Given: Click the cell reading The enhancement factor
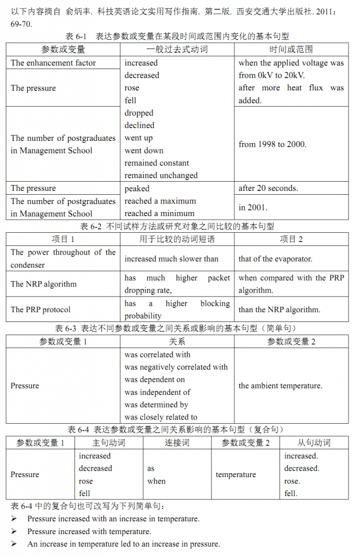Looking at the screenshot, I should tap(53, 63).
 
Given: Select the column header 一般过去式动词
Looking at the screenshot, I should tap(177, 49).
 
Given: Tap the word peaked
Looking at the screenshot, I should tap(137, 189).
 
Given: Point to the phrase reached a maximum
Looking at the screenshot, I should tap(160, 201).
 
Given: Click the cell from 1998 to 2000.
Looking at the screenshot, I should tap(272, 145).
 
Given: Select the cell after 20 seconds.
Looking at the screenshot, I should tap(268, 189).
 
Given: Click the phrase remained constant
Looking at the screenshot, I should tap(157, 163).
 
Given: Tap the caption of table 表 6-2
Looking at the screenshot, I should tap(177, 226).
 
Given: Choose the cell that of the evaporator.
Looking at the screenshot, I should tap(275, 259).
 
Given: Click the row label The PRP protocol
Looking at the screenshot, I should tap(41, 310).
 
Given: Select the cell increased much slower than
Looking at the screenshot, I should tap(171, 259).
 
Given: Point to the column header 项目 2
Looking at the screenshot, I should tap(291, 239).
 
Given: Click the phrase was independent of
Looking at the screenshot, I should tap(158, 392).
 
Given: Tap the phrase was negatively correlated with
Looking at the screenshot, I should tap(176, 367).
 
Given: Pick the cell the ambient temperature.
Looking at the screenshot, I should tap(281, 386).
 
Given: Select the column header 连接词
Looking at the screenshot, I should tap(177, 443).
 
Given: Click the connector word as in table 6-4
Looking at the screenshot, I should tap(151, 468).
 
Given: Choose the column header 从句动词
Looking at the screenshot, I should tap(314, 443).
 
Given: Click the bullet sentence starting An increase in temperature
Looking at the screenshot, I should tap(124, 544).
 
